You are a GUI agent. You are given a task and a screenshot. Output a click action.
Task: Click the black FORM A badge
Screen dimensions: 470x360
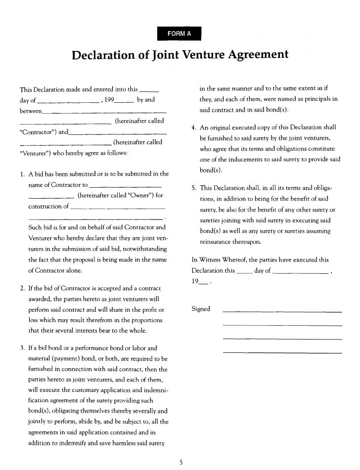(x=180, y=34)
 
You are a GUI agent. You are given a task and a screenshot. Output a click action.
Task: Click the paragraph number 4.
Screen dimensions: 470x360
(x=194, y=128)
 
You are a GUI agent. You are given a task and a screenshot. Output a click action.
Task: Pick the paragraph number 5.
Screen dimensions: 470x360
(x=194, y=188)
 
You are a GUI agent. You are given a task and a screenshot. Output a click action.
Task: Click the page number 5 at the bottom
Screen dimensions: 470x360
(x=180, y=462)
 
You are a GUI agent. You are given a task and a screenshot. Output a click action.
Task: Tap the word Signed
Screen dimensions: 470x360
(x=200, y=309)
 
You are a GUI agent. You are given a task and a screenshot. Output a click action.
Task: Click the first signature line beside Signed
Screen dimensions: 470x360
(x=282, y=312)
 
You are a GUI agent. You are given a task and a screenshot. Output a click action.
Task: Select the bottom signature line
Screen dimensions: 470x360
(x=282, y=352)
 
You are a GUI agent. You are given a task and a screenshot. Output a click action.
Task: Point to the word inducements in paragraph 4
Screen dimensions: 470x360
(x=237, y=160)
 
